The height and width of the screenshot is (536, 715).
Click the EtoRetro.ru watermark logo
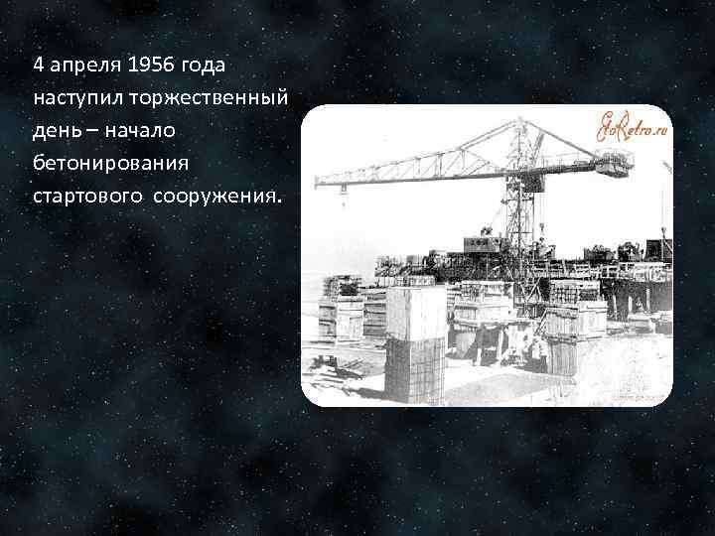coord(632,126)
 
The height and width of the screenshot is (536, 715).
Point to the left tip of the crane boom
coord(318,182)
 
